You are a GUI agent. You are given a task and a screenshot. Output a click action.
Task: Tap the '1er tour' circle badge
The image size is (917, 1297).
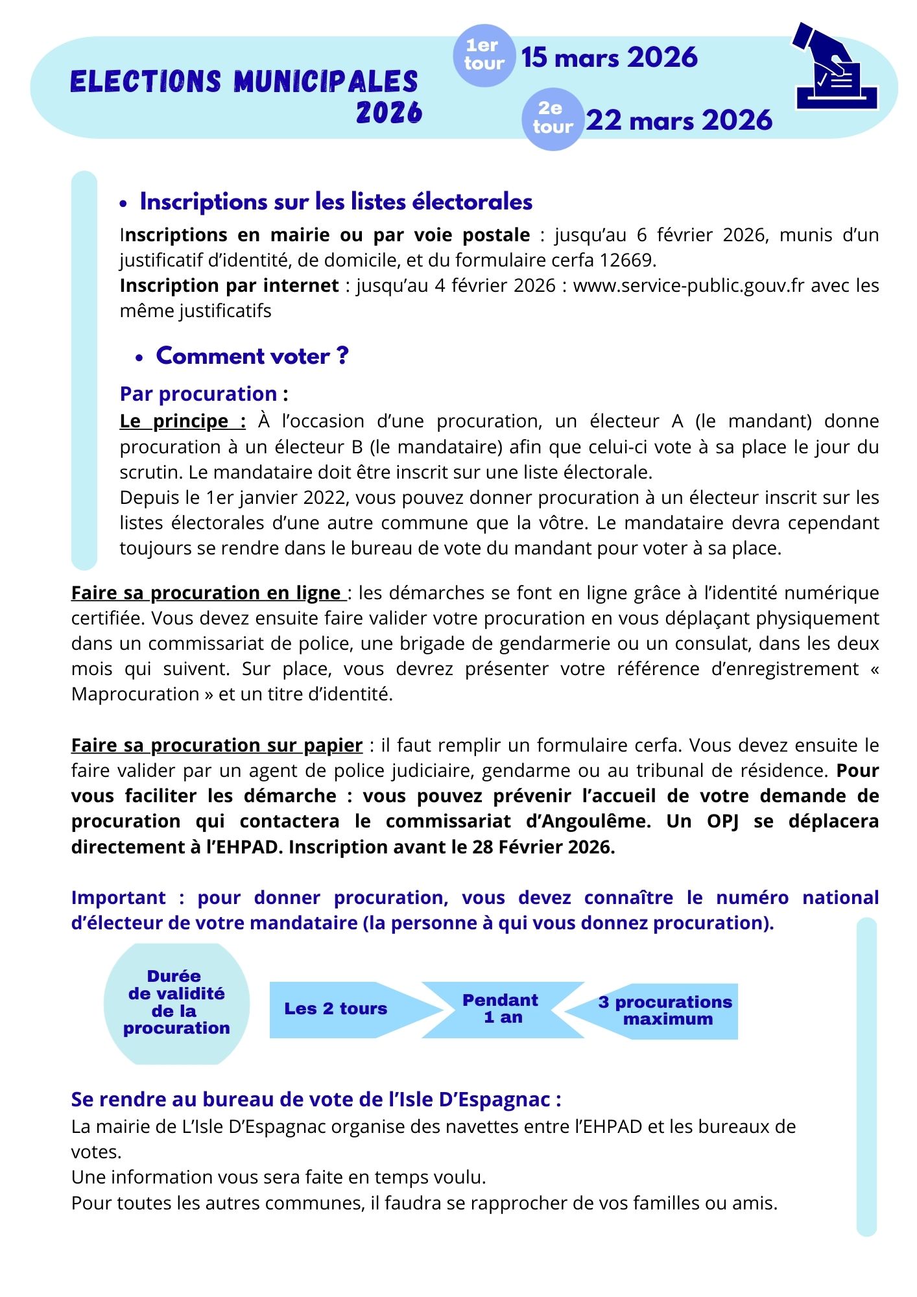click(x=484, y=55)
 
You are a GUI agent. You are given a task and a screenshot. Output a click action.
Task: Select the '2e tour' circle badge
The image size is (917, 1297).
click(x=553, y=119)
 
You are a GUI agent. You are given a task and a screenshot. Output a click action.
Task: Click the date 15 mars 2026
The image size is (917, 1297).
click(x=609, y=58)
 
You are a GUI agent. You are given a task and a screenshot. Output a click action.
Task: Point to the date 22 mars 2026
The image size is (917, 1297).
click(x=679, y=121)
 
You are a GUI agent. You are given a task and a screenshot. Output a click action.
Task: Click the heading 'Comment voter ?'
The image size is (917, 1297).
click(x=252, y=356)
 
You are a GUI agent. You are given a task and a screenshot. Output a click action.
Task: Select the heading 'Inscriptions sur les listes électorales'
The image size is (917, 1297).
click(x=336, y=202)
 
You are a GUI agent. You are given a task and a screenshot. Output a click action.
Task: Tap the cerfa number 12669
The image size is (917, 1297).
click(x=626, y=260)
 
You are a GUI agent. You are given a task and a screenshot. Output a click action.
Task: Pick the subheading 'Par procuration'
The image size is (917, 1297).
click(x=198, y=394)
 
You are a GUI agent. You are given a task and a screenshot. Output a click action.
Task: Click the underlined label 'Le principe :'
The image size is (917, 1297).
click(x=182, y=421)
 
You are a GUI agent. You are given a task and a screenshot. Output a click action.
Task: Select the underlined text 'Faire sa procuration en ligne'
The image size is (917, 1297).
click(x=207, y=593)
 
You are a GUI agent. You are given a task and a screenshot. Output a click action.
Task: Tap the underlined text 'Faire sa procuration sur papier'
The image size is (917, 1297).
click(x=217, y=745)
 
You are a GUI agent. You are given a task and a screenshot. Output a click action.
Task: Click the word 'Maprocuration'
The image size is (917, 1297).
click(x=136, y=694)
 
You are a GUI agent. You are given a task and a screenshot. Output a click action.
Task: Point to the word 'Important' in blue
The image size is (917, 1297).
click(x=118, y=898)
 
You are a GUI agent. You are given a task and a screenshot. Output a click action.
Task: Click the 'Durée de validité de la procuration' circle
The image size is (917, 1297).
click(x=176, y=1002)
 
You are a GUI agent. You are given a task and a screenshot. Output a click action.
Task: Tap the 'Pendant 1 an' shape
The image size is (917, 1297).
click(x=501, y=1009)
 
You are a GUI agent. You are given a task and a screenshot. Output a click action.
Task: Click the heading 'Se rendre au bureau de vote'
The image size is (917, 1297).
click(x=315, y=1099)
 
